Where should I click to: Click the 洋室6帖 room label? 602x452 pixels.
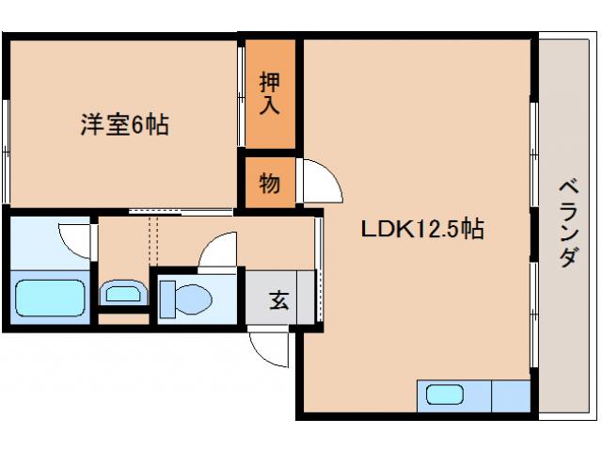tap(123, 125)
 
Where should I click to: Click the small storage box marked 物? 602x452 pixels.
tap(270, 184)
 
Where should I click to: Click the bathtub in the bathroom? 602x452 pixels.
tap(51, 298)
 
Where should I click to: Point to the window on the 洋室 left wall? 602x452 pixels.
tap(6, 141)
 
